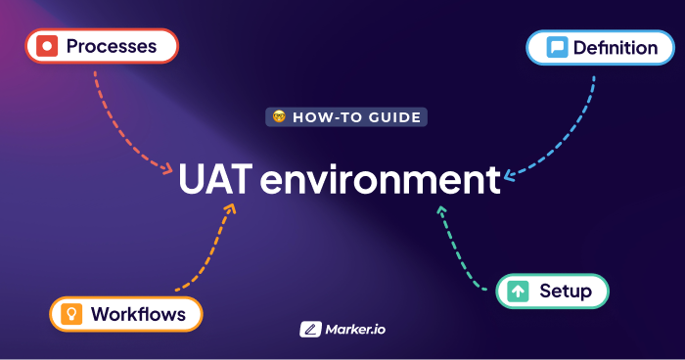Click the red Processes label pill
point(102,46)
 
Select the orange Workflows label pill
point(126,314)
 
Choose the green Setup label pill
point(552,292)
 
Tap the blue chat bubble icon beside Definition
point(557,47)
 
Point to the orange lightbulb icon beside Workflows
point(71,314)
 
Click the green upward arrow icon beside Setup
point(519,292)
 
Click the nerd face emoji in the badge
point(279,117)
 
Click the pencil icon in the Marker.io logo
point(311,330)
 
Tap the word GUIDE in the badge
point(394,117)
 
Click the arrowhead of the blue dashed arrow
point(509,177)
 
